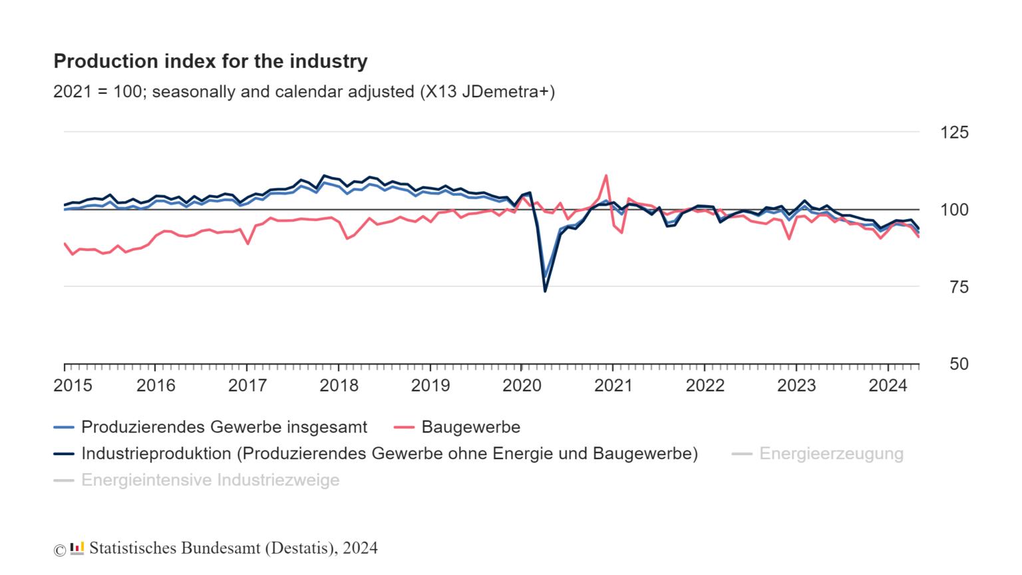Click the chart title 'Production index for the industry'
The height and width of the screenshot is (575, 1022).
[210, 61]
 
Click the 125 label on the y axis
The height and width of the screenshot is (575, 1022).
[954, 132]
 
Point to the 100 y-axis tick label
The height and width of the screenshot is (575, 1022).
[954, 210]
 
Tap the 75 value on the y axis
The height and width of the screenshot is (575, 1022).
[958, 287]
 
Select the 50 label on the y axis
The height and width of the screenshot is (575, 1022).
[959, 364]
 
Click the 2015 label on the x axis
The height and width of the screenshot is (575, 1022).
[73, 385]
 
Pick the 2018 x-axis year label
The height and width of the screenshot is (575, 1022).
[339, 385]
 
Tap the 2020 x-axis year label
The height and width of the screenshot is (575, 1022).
[522, 385]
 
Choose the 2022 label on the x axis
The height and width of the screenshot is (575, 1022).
[705, 385]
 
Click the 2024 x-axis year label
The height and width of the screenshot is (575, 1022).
[888, 385]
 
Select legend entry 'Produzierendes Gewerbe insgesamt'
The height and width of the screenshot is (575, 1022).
[224, 427]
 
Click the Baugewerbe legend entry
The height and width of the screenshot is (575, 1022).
[470, 427]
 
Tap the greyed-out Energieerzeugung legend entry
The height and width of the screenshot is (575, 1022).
[831, 454]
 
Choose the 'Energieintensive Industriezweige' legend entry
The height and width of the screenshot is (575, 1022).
[210, 480]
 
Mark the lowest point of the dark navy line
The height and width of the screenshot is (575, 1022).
[545, 291]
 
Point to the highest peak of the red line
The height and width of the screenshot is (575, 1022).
[606, 176]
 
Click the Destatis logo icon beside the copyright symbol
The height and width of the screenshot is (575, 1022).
[77, 548]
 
